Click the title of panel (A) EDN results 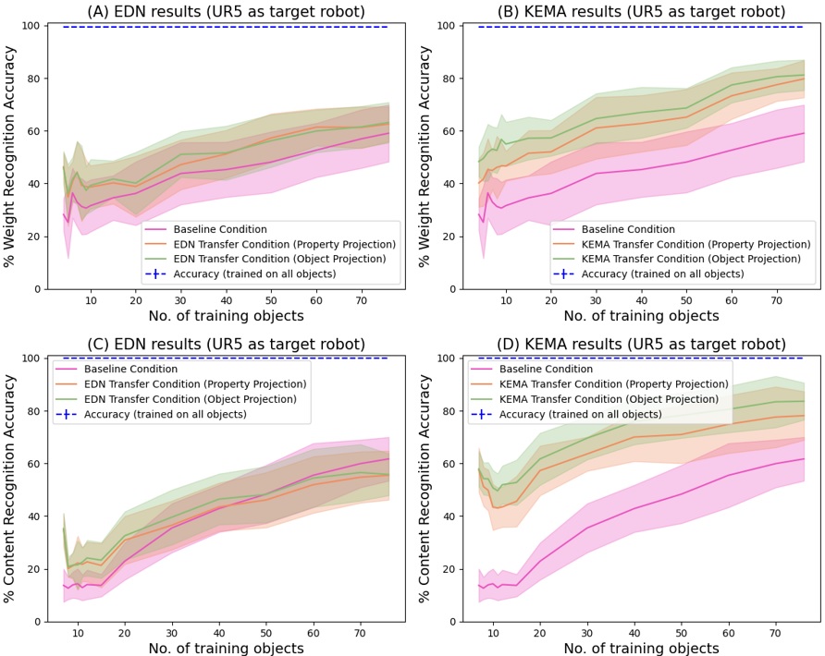[x=225, y=11]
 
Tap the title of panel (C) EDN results [x=225, y=345]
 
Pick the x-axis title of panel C [x=225, y=648]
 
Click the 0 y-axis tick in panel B [x=453, y=289]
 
